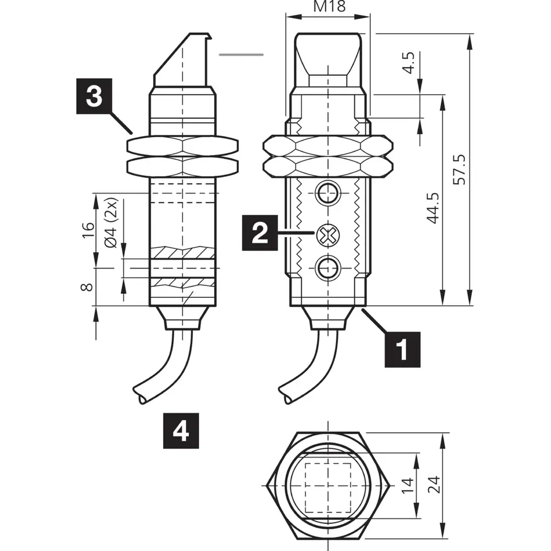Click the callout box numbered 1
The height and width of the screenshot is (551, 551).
tap(403, 348)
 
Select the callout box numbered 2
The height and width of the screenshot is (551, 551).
tap(259, 233)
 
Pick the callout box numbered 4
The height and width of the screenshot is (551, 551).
tap(181, 430)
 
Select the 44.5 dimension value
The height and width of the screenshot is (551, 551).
tap(434, 208)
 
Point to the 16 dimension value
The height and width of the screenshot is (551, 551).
tap(88, 230)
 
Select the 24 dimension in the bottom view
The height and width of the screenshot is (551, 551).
tap(434, 486)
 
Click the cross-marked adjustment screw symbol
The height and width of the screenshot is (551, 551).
tap(327, 234)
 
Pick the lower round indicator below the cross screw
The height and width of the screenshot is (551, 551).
tap(328, 267)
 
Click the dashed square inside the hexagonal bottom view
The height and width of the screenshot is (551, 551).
tap(327, 485)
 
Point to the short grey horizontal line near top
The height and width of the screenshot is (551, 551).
tap(242, 55)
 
